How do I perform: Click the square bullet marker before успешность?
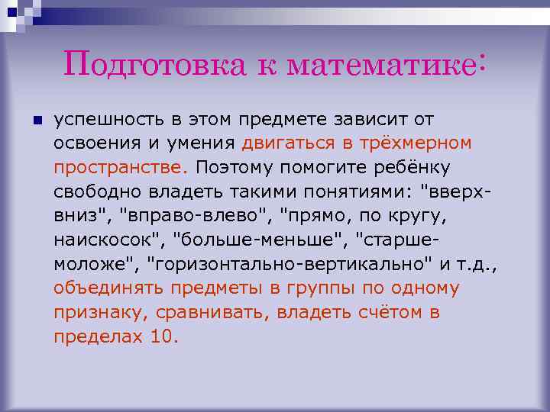(35, 121)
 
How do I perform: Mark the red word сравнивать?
(205, 313)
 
